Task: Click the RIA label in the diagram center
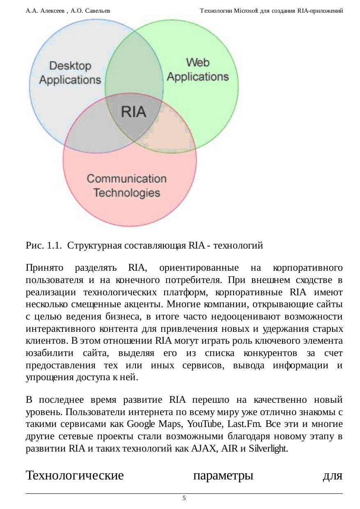[x=133, y=112]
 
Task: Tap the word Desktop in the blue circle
[x=70, y=66]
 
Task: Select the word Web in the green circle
[x=198, y=62]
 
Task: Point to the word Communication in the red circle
[x=126, y=179]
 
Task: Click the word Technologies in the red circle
[x=126, y=192]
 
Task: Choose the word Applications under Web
[x=198, y=77]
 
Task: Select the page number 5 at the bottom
[x=184, y=498]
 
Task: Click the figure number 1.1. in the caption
[x=54, y=246]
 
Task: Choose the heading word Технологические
[x=75, y=476]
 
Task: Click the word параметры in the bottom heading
[x=223, y=476]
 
